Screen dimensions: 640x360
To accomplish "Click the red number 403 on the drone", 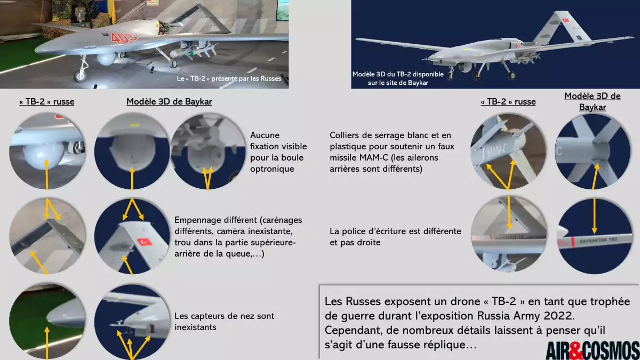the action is [123, 38].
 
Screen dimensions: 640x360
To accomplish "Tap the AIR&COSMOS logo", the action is [593, 350].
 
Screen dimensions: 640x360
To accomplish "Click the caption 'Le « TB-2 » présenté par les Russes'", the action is [229, 78].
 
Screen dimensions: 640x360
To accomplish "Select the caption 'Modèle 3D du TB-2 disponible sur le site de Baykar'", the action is [398, 78].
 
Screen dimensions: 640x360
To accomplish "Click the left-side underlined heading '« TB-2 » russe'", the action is [47, 102].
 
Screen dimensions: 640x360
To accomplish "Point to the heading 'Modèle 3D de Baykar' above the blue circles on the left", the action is [169, 102].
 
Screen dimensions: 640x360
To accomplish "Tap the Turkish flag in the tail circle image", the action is [145, 242].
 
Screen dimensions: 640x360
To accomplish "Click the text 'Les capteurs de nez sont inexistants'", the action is [225, 322].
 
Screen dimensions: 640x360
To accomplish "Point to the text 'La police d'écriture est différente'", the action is [395, 231].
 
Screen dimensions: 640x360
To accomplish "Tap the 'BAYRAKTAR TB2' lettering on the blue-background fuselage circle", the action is [599, 241].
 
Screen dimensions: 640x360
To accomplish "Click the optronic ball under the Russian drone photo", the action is [106, 58].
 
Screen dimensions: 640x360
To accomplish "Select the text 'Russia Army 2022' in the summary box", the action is [526, 316].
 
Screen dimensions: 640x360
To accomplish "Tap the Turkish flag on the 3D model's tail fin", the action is [565, 20].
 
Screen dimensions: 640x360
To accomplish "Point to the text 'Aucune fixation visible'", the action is [278, 141].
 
